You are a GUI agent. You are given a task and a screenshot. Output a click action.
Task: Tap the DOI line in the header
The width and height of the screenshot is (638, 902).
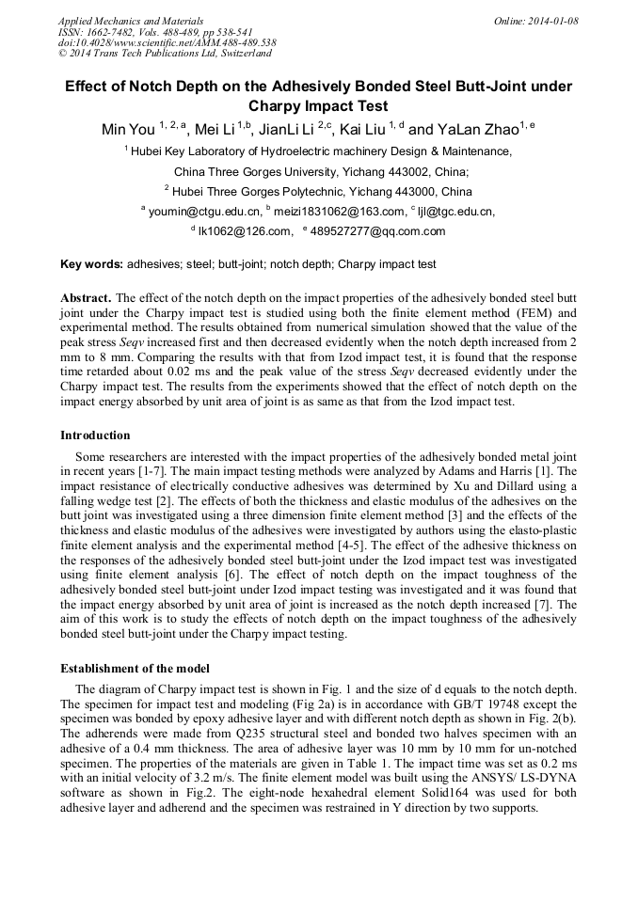(167, 42)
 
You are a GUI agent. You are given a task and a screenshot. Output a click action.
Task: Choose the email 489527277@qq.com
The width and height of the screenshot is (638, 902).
(386, 231)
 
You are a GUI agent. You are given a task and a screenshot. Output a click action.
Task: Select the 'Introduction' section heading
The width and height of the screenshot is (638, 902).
(95, 435)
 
